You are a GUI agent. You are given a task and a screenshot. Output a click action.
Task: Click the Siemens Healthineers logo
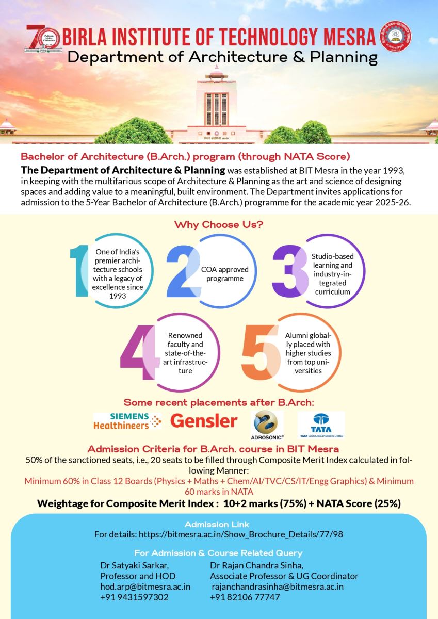point(127,421)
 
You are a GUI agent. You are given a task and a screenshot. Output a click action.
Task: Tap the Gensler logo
point(204,421)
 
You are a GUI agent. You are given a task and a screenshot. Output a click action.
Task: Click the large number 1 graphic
point(80,271)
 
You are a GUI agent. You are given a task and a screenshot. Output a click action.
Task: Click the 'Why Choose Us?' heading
point(219,225)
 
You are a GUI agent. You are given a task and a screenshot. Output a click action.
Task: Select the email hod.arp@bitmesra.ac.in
point(145,587)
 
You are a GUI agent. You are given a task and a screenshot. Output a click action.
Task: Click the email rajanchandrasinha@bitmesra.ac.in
point(278,587)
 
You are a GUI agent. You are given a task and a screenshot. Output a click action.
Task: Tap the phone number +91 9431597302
point(134,597)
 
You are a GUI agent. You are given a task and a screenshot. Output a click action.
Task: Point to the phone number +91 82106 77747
point(245,597)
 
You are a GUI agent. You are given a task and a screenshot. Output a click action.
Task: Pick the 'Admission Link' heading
point(218,524)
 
